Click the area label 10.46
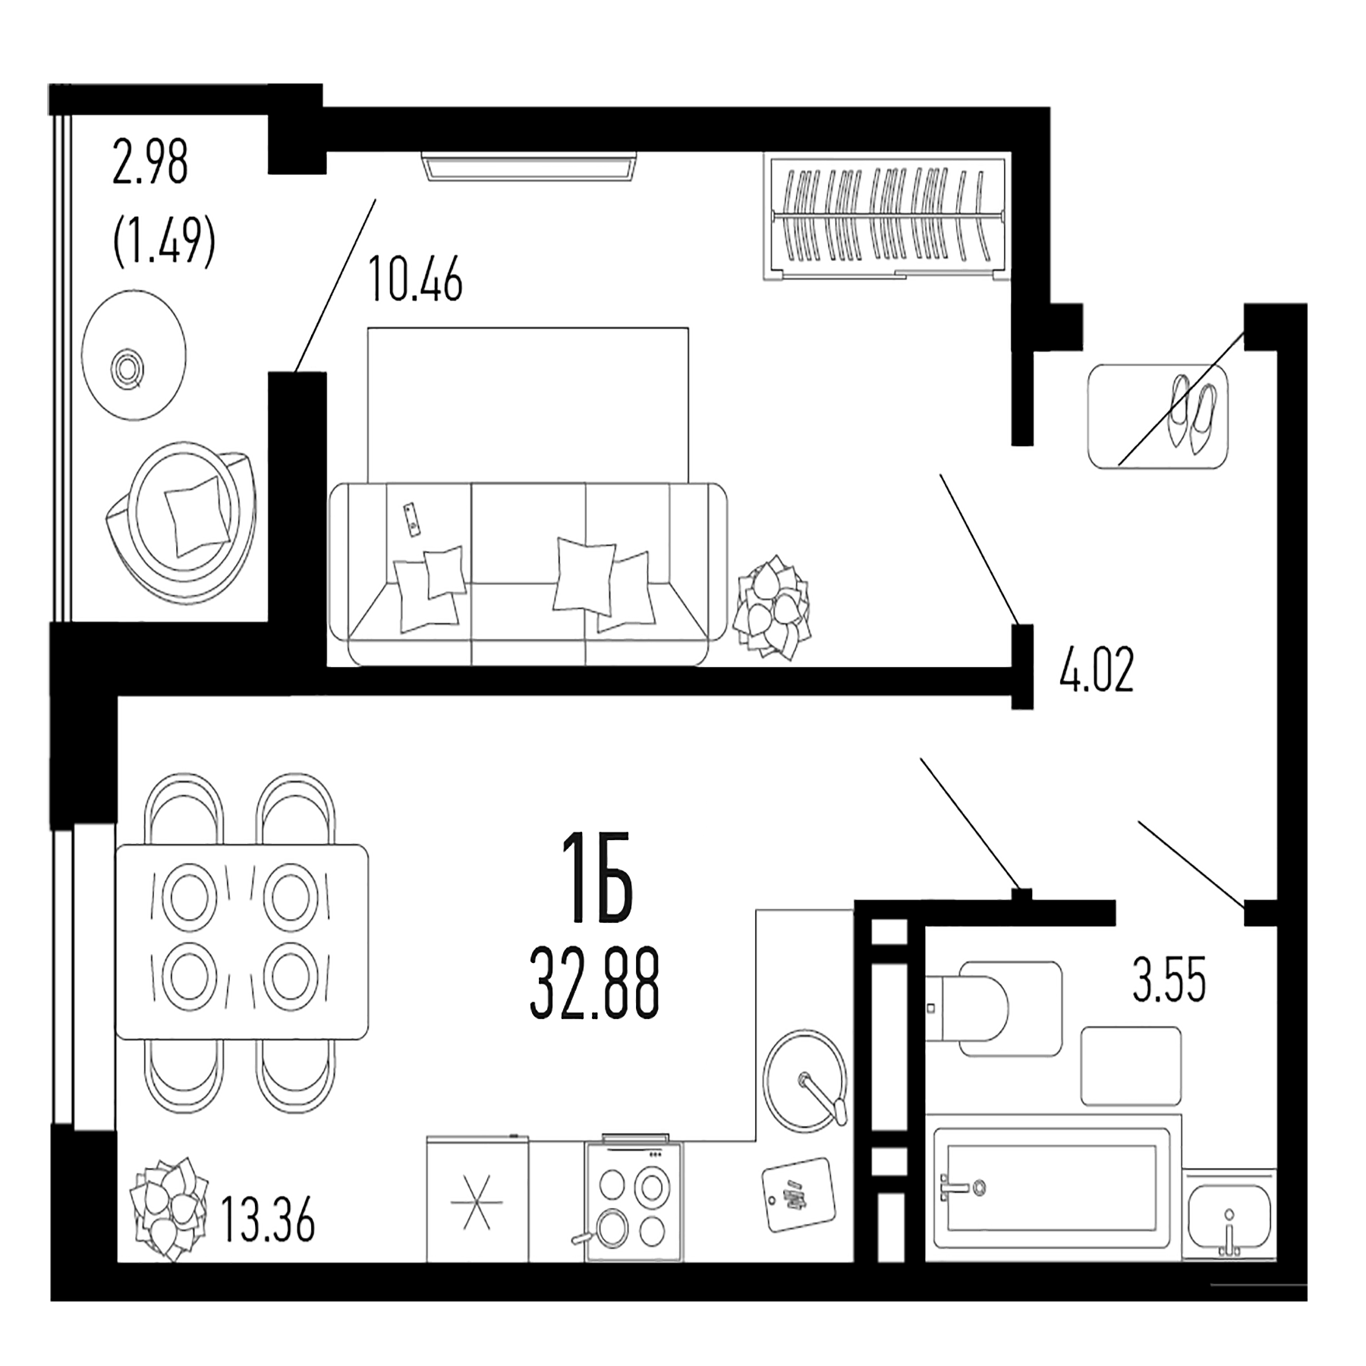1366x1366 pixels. pyautogui.click(x=415, y=282)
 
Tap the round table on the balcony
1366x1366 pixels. pyautogui.click(x=134, y=355)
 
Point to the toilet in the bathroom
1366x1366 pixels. pyautogui.click(x=979, y=1008)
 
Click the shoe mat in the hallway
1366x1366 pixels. pyautogui.click(x=1157, y=417)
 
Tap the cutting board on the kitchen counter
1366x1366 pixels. pyautogui.click(x=798, y=1194)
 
